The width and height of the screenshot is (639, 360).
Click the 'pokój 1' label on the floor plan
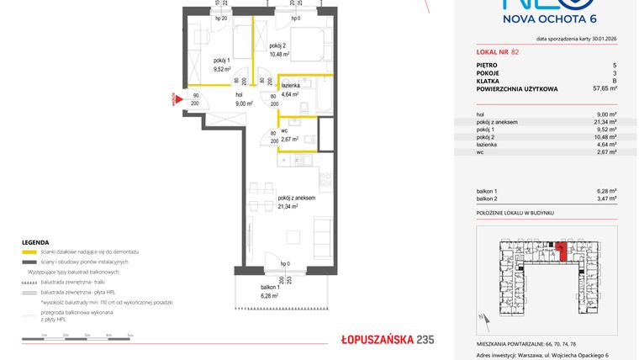221,61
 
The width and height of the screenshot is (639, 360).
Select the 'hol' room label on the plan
240,96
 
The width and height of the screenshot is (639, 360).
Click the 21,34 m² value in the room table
605,123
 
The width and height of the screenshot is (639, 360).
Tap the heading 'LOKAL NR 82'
497,52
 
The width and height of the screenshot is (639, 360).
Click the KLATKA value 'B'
615,80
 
